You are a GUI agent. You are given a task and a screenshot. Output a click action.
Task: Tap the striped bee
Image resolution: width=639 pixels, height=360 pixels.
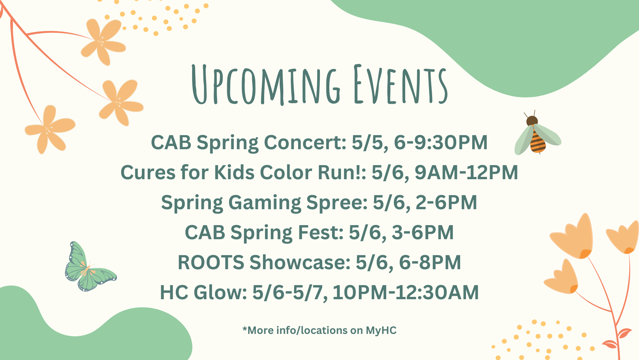click(x=537, y=133)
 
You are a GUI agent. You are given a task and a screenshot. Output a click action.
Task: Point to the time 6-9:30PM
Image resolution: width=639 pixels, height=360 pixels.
click(x=441, y=142)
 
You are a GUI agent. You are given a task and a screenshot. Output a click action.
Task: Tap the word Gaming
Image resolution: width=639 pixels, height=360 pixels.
click(x=265, y=203)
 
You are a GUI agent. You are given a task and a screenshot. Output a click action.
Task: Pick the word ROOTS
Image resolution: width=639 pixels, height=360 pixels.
click(x=211, y=262)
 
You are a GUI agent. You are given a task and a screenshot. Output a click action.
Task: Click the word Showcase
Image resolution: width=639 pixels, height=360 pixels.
click(x=300, y=262)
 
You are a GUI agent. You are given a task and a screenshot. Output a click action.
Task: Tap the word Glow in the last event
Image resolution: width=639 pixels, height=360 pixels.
click(x=221, y=292)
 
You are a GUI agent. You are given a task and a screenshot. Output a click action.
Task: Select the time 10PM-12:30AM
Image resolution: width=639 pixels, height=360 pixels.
click(x=405, y=292)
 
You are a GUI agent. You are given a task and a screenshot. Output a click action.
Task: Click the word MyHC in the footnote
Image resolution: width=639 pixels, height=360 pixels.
click(x=381, y=330)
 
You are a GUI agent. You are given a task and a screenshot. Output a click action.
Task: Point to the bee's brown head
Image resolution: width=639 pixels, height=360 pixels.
click(x=532, y=121)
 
